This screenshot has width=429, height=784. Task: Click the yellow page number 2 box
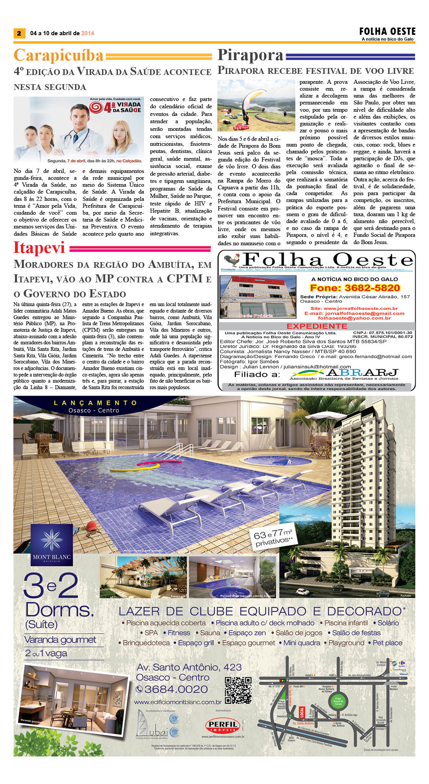[19, 33]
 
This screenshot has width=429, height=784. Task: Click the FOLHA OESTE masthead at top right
[387, 31]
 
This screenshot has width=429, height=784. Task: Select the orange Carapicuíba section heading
[59, 55]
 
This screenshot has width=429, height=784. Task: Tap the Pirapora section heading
[250, 55]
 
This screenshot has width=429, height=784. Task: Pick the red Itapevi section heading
[39, 248]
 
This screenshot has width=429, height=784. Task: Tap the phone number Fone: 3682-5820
[355, 288]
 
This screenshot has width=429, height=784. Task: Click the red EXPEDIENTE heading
[317, 326]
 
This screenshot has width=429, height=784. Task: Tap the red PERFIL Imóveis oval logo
[223, 725]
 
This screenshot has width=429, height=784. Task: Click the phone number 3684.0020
[172, 689]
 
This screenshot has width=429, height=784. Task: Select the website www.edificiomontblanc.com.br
[178, 702]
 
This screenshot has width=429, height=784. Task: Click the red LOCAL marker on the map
[301, 712]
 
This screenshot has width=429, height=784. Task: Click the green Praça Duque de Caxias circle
[338, 701]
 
